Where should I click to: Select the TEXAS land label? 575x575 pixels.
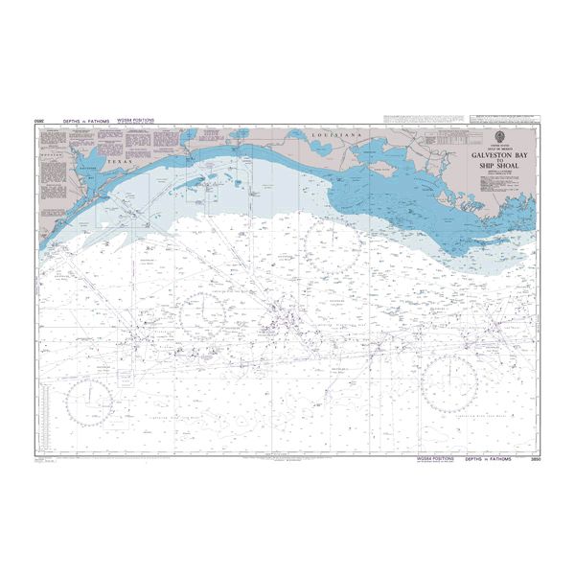pyautogui.click(x=117, y=163)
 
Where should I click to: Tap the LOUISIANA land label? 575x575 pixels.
pyautogui.click(x=335, y=137)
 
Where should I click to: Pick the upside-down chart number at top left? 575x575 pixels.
pyautogui.click(x=40, y=122)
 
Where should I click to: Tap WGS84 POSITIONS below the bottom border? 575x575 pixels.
pyautogui.click(x=435, y=461)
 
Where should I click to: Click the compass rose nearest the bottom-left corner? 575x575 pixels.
pyautogui.click(x=90, y=401)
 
